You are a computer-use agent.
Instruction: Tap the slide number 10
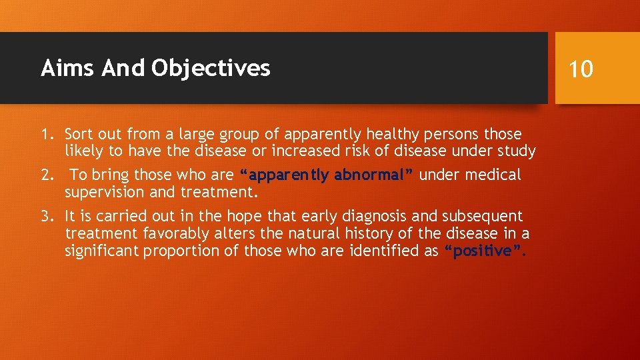581,69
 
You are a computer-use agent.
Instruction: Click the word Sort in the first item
80,134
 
